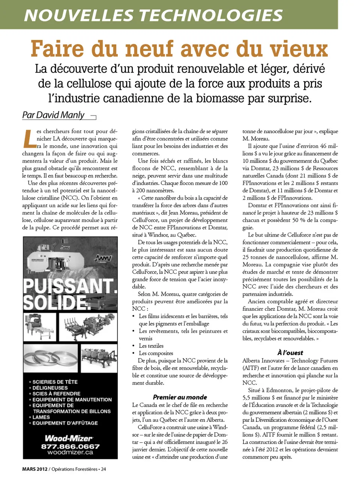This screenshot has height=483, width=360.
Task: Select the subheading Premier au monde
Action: click(x=180, y=397)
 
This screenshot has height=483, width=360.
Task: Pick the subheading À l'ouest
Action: click(x=290, y=352)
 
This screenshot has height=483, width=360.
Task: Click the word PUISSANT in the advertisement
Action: click(x=70, y=286)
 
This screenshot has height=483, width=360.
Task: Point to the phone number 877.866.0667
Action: click(x=70, y=446)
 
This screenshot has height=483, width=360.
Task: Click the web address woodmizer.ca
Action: click(x=70, y=453)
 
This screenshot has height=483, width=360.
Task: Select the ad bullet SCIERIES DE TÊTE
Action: click(x=55, y=382)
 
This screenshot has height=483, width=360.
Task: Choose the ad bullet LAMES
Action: click(x=41, y=417)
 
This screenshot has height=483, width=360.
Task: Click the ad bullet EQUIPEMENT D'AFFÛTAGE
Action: click(x=65, y=423)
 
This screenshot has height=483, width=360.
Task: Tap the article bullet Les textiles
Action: click(x=151, y=346)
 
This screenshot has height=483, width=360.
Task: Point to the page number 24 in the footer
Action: click(x=103, y=469)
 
